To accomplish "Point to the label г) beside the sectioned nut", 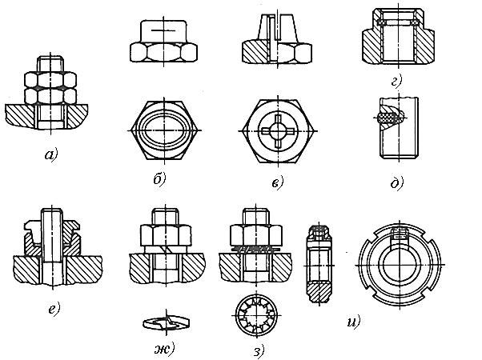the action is click(396, 81).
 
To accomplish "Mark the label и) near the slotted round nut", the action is click(351, 322).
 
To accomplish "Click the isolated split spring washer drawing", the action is click(163, 322).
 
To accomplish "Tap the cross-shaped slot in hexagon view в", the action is click(275, 130).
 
